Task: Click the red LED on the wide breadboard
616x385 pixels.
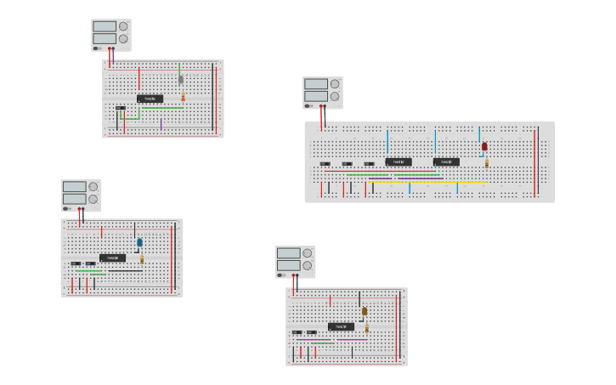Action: coord(484,146)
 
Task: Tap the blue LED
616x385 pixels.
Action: coord(140,242)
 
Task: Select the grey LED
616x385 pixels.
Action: coord(181,80)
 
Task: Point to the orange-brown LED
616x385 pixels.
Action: coord(365,311)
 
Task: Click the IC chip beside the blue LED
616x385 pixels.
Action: coord(112,258)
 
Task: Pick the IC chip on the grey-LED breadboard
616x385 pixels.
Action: coord(150,99)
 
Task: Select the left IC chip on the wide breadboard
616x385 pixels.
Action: coord(398,161)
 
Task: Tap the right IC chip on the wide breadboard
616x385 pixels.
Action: coord(446,161)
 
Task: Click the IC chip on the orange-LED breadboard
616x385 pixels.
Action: coord(341,326)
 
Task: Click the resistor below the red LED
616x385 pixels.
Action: coord(487,161)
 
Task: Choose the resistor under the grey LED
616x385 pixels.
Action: coord(183,97)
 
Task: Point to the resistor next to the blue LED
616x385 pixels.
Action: coord(142,258)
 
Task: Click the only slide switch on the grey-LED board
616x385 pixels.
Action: coord(121,108)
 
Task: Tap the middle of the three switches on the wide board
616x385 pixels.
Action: coord(347,164)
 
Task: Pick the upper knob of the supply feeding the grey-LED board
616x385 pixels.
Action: coord(123,26)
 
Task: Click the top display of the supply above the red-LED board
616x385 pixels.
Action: coord(315,84)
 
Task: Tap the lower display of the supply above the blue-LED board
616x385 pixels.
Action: coord(74,199)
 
